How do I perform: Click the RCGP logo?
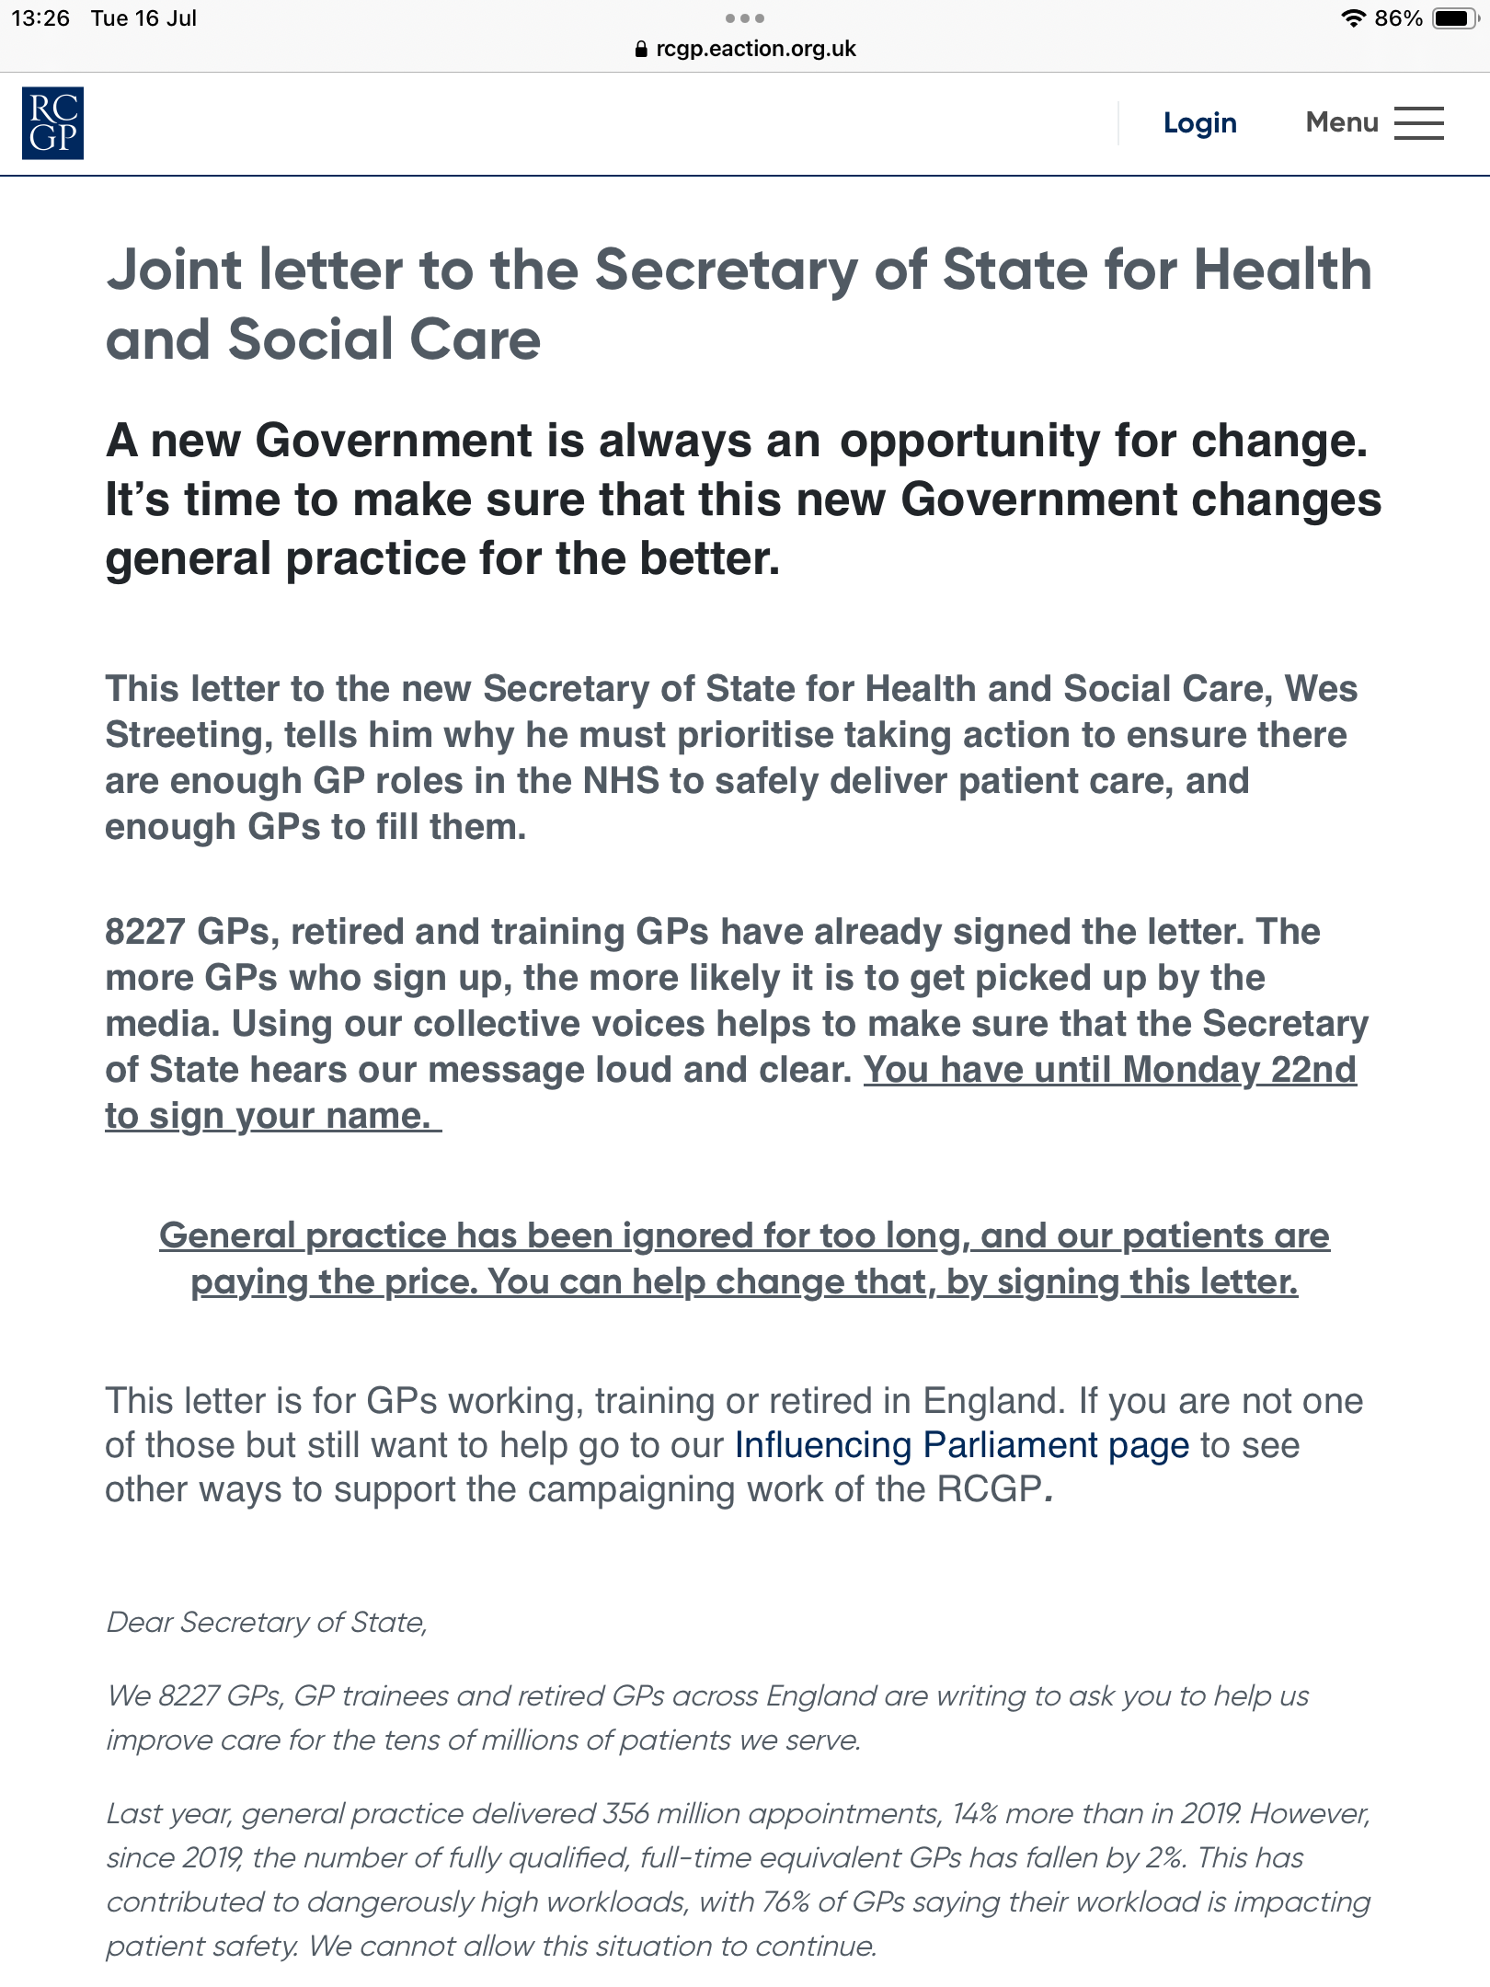(x=52, y=123)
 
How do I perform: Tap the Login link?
(x=1199, y=122)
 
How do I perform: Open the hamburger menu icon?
(x=1418, y=123)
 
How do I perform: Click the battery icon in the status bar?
(x=1453, y=18)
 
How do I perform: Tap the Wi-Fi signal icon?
(x=1352, y=18)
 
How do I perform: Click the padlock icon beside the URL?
(x=641, y=49)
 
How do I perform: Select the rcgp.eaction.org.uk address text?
(x=755, y=49)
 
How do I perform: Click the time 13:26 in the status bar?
(x=40, y=18)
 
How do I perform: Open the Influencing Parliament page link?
(x=961, y=1445)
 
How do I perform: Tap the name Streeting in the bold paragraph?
(x=188, y=735)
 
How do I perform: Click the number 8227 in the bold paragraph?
(x=145, y=932)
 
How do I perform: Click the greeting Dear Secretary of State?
(x=267, y=1622)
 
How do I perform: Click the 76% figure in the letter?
(x=785, y=1901)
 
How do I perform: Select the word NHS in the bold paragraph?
(x=621, y=781)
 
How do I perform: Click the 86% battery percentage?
(x=1398, y=18)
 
